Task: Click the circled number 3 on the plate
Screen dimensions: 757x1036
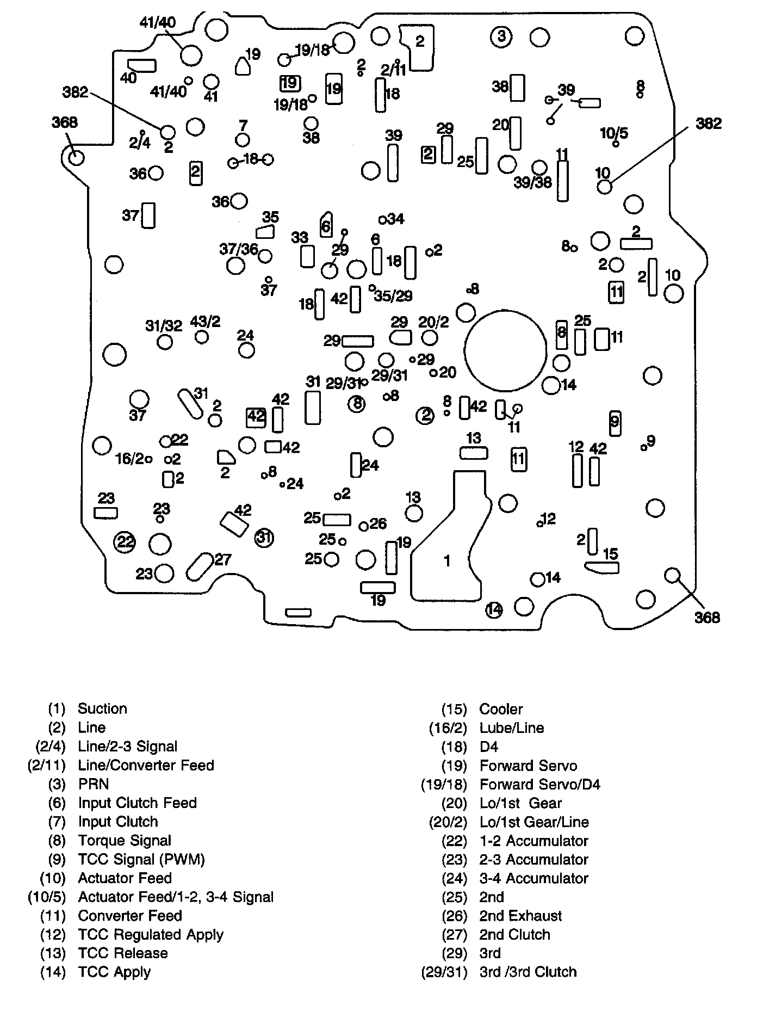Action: [x=501, y=36]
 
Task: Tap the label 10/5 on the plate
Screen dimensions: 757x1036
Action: [x=614, y=133]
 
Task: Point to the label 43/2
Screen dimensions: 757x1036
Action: [x=205, y=322]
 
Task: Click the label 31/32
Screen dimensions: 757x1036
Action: [x=164, y=325]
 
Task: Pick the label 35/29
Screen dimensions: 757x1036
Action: [x=393, y=295]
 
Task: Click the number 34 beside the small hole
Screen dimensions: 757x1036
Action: [x=395, y=219]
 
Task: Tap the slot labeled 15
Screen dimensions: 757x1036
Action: [x=601, y=568]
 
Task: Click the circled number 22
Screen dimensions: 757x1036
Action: [x=125, y=541]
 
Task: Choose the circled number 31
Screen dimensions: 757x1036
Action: [x=264, y=538]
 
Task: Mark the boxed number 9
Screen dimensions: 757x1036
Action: [x=615, y=422]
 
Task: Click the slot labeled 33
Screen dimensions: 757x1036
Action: [x=307, y=256]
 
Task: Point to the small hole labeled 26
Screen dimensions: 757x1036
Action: [x=363, y=526]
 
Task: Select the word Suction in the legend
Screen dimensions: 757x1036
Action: [x=102, y=708]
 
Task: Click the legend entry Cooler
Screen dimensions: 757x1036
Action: [x=500, y=709]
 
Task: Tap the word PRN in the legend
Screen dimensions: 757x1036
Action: [x=93, y=784]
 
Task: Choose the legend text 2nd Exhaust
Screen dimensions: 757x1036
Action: [x=520, y=916]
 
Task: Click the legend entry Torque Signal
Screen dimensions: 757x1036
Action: [x=124, y=841]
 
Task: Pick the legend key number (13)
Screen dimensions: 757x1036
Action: [x=53, y=953]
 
